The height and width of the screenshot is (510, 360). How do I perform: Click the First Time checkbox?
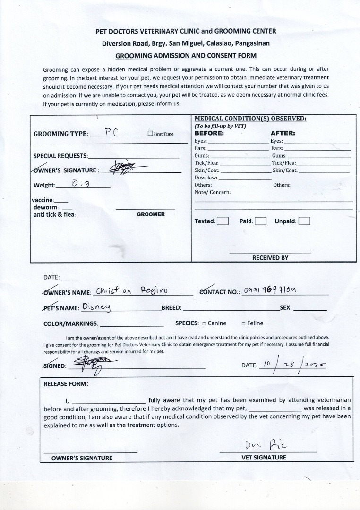150,134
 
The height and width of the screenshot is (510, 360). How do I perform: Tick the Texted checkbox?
223,221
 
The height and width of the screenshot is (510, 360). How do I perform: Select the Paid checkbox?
260,221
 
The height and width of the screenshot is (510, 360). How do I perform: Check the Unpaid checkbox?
304,221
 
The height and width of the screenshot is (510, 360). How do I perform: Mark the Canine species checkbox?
204,323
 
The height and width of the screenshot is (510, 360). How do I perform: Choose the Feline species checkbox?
243,323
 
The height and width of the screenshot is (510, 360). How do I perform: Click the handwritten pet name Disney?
96,307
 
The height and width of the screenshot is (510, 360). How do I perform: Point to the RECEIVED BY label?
270,258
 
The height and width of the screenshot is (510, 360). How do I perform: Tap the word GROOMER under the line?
151,214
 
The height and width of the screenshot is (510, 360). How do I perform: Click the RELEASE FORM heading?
66,384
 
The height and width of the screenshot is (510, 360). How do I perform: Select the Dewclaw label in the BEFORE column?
206,178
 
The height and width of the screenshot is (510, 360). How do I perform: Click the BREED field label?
171,308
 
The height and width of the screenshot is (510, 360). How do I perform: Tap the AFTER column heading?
283,133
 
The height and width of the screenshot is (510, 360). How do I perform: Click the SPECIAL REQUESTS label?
60,156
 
